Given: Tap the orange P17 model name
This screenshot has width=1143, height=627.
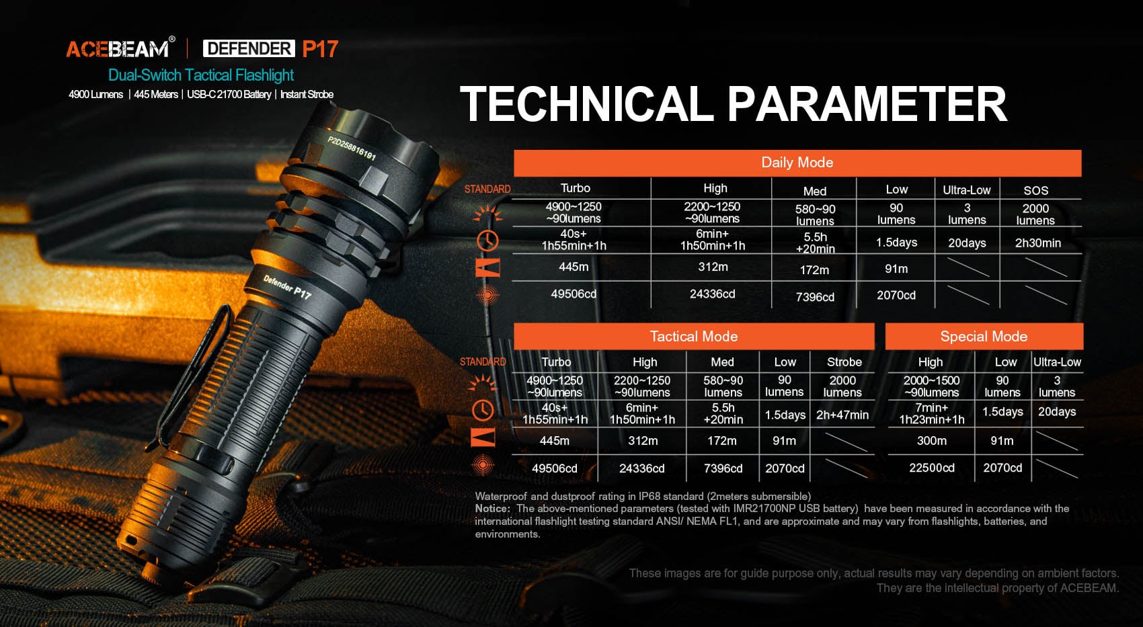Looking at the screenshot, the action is pyautogui.click(x=320, y=49).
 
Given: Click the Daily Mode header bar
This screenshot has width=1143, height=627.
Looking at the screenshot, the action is pyautogui.click(x=797, y=163).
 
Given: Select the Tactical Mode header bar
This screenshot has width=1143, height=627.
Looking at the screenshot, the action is pyautogui.click(x=693, y=336).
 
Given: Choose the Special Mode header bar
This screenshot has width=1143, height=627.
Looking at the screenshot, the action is pyautogui.click(x=984, y=336).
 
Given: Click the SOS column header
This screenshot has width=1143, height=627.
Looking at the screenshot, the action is pyautogui.click(x=1036, y=190).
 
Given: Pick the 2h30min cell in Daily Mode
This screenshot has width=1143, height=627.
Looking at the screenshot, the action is pyautogui.click(x=1037, y=243).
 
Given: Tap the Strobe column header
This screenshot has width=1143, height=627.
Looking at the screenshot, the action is pyautogui.click(x=844, y=362).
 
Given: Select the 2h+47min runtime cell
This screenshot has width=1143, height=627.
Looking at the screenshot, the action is pyautogui.click(x=842, y=415).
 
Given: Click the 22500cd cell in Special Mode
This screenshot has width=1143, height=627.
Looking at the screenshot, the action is pyautogui.click(x=931, y=468).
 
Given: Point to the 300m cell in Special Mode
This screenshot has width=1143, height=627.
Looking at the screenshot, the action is pyautogui.click(x=931, y=440).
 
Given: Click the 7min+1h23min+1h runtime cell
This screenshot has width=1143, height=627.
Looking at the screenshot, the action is pyautogui.click(x=931, y=414).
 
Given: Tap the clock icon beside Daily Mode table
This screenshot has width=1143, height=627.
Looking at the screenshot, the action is pyautogui.click(x=487, y=241).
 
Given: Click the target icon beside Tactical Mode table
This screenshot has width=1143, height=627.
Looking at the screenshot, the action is pyautogui.click(x=483, y=465).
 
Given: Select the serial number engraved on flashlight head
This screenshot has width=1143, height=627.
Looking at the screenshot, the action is pyautogui.click(x=352, y=149).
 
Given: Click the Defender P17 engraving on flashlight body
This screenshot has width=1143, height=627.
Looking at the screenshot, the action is pyautogui.click(x=287, y=287).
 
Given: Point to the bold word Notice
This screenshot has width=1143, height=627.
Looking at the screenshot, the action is pyautogui.click(x=492, y=509).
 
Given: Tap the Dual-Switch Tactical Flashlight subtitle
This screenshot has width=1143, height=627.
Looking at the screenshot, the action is pyautogui.click(x=200, y=75).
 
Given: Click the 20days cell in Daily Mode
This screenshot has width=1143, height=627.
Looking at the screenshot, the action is pyautogui.click(x=966, y=243).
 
